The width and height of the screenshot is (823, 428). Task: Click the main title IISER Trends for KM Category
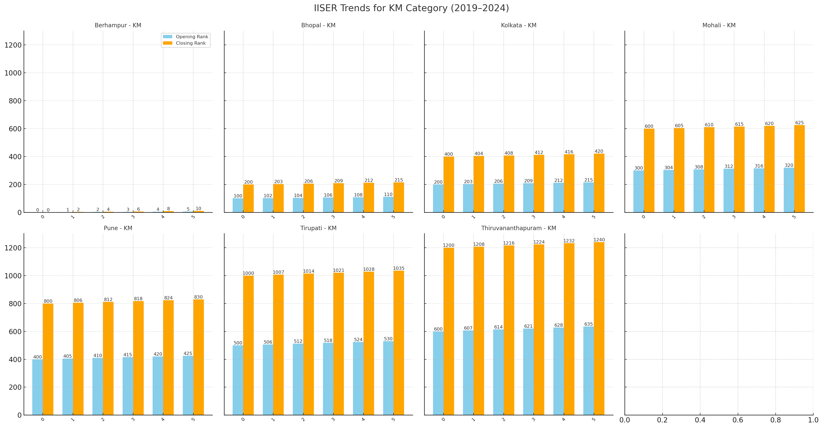411,8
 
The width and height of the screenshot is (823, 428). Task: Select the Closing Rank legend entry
190,43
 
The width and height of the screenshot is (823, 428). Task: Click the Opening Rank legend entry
192,37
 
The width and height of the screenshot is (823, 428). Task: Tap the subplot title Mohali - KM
719,25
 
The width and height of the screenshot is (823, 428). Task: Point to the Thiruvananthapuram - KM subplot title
519,228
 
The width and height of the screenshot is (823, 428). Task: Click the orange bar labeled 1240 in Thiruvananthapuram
599,329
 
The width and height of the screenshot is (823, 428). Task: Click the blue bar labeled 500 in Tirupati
238,380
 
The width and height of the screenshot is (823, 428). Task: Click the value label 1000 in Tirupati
248,273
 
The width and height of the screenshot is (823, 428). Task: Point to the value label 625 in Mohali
799,123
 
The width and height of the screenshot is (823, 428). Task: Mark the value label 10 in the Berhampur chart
198,209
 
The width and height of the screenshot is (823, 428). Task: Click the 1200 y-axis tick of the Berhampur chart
13,45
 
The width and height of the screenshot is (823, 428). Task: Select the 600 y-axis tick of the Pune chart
13,331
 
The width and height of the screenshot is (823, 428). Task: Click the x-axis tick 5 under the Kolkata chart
594,217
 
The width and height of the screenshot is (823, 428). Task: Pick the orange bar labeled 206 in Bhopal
308,198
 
